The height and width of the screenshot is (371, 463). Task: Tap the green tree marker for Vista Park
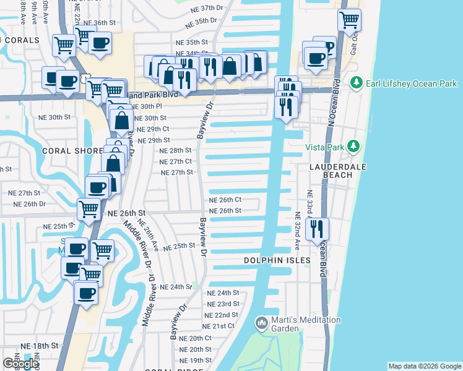(x=353, y=146)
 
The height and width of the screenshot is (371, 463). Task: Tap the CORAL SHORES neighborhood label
(x=72, y=151)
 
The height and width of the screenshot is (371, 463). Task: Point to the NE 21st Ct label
(x=219, y=326)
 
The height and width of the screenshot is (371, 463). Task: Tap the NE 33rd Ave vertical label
(x=309, y=208)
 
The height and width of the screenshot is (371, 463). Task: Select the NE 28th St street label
(x=175, y=150)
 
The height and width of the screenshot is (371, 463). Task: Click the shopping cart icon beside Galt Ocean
(x=349, y=19)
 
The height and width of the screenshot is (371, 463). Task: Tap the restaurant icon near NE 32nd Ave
(x=318, y=229)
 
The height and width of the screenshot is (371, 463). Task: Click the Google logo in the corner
(x=20, y=364)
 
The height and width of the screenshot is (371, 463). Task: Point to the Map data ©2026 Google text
(x=425, y=366)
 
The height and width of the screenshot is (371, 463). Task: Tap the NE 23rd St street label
(x=223, y=304)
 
